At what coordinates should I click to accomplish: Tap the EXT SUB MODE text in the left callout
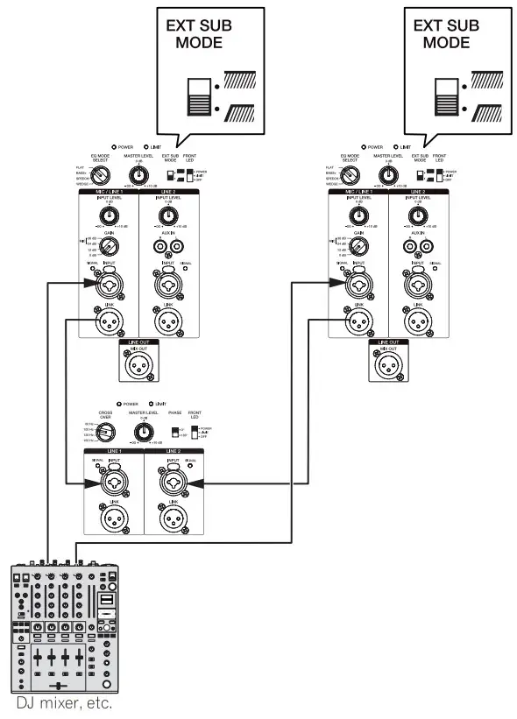[199, 34]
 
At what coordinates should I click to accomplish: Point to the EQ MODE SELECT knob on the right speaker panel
[348, 174]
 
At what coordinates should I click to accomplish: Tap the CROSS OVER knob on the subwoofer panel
[105, 430]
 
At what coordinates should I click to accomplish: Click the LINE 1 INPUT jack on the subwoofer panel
[113, 481]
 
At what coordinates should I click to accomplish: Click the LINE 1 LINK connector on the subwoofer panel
[113, 518]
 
